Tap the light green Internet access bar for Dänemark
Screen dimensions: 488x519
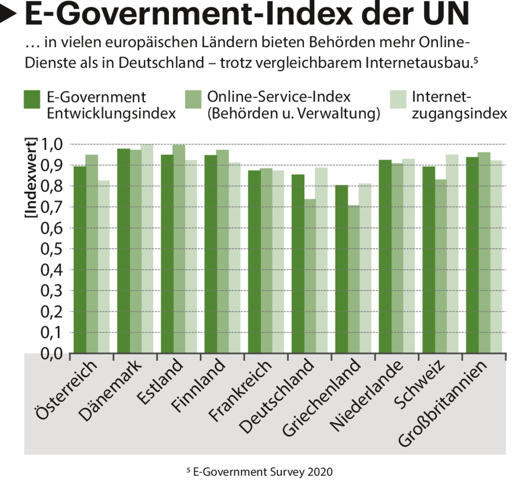point(147,249)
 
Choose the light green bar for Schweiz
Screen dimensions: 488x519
point(452,254)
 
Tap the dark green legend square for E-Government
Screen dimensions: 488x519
point(32,99)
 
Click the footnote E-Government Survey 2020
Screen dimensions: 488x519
point(259,472)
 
